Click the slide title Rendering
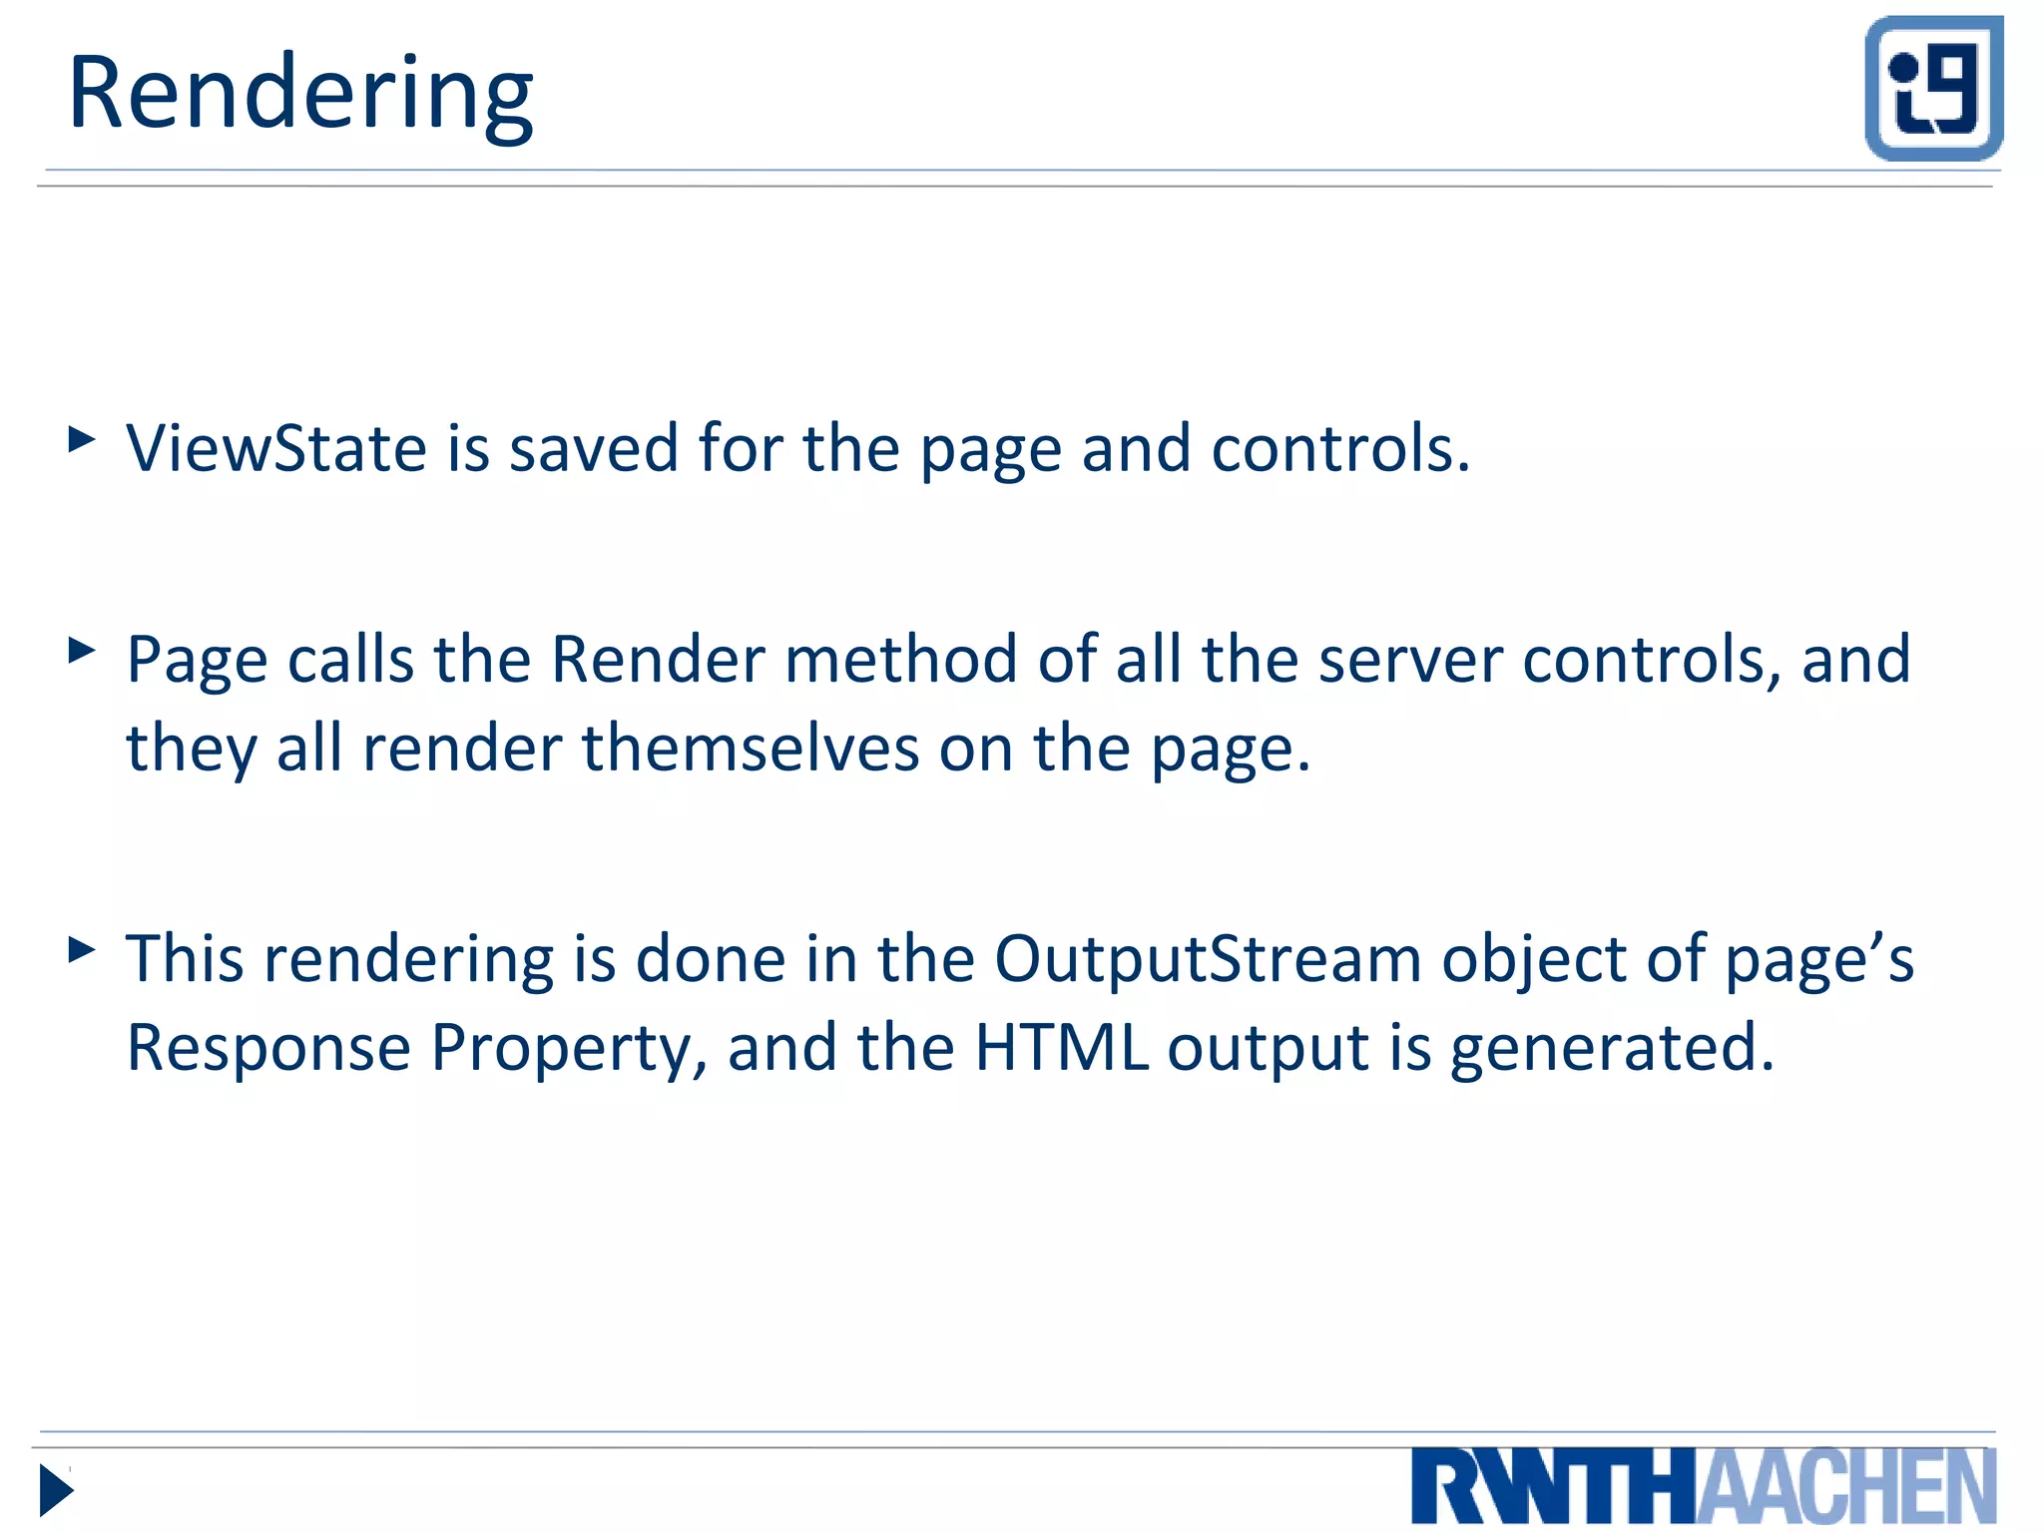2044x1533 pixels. click(x=299, y=95)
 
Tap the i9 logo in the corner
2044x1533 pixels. click(x=1933, y=88)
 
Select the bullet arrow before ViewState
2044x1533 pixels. click(x=82, y=439)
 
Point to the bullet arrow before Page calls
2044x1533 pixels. click(x=82, y=651)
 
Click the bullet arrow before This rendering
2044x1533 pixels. click(x=82, y=949)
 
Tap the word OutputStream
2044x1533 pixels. click(x=1207, y=960)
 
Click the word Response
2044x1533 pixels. click(x=268, y=1048)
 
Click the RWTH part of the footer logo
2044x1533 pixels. click(x=1553, y=1487)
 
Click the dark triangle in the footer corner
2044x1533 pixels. click(x=56, y=1490)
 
